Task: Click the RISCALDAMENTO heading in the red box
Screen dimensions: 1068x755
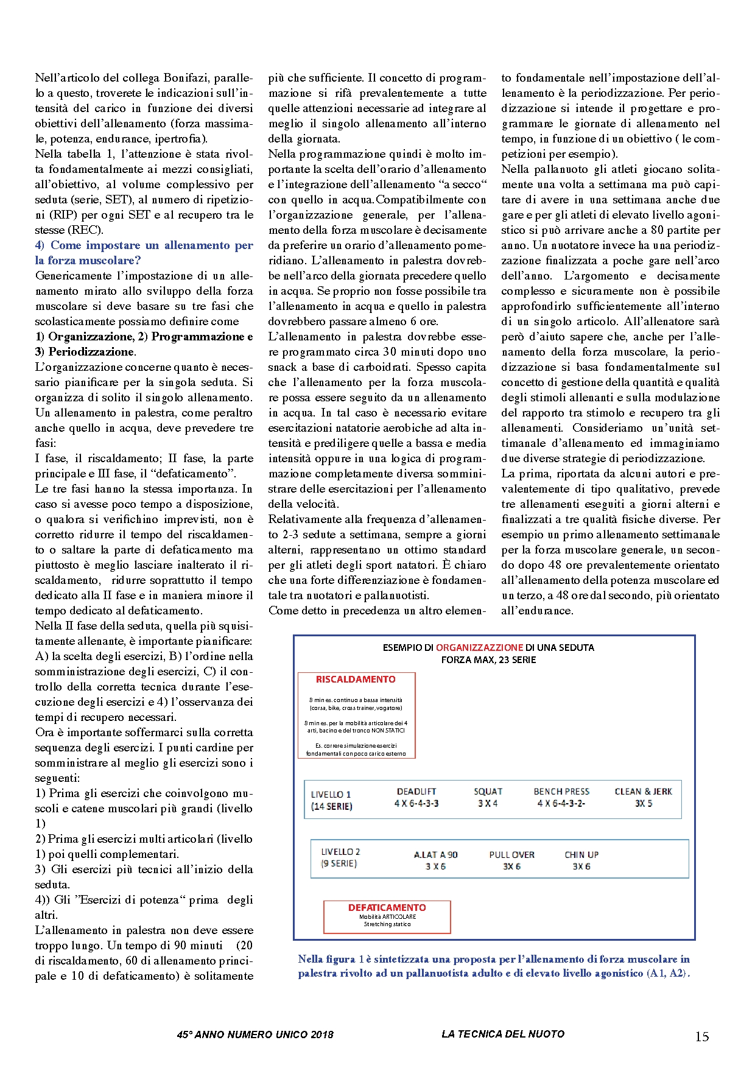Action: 356,680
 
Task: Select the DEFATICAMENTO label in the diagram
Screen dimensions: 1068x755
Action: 387,907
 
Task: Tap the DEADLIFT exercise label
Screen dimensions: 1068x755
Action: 416,792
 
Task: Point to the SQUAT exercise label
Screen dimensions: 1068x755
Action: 488,792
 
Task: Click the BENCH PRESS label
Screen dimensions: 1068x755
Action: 561,792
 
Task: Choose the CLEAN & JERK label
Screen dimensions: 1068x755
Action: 644,792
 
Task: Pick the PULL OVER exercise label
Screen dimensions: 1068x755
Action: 512,855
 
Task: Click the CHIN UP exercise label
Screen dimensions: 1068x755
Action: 581,855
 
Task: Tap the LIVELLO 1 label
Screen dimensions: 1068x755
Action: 331,795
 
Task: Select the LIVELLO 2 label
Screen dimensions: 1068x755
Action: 340,852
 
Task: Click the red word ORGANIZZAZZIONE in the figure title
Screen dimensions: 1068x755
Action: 479,648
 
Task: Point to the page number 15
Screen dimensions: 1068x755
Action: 702,1037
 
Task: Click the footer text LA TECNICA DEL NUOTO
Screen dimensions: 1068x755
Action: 503,1034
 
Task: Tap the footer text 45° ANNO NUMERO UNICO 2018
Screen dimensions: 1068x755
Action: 255,1035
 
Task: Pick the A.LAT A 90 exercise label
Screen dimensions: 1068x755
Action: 435,855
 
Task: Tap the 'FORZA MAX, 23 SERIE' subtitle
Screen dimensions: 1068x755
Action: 488,660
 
